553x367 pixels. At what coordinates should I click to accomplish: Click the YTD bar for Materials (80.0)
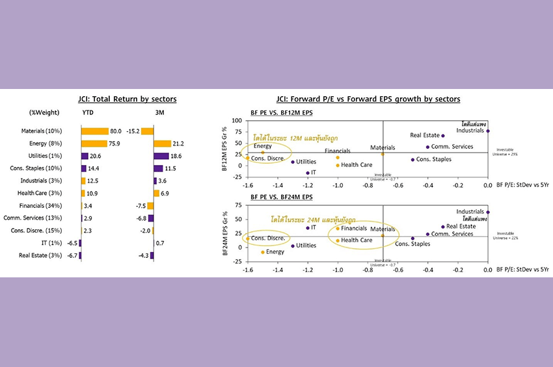tap(95, 131)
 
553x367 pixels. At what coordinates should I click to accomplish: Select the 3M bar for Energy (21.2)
tap(161, 144)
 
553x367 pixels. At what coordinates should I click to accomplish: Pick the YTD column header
tap(87, 112)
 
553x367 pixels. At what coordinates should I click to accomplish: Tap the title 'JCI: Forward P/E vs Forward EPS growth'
tap(368, 99)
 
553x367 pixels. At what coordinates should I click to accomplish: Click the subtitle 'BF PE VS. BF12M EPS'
tap(281, 112)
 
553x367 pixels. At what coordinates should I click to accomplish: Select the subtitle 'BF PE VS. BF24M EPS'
tap(281, 196)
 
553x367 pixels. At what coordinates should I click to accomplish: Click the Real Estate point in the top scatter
tap(443, 136)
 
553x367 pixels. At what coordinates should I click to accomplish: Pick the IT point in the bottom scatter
tap(308, 228)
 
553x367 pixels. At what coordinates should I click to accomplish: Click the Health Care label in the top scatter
tap(357, 165)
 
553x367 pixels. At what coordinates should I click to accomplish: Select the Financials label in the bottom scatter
tap(354, 229)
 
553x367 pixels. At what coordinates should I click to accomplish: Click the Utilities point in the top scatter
tap(293, 162)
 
